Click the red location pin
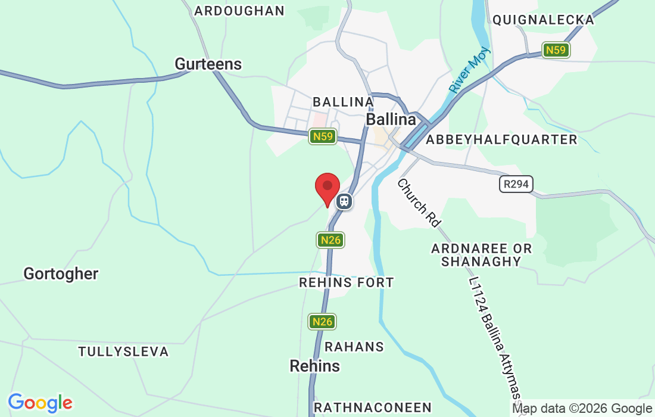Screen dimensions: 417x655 point(327,188)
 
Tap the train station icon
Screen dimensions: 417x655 point(344,201)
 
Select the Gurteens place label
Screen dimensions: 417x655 point(208,64)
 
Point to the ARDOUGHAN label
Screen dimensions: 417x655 point(239,11)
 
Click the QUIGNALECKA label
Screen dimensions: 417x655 point(543,20)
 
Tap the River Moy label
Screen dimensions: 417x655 point(469,70)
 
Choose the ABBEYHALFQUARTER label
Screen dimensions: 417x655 point(501,139)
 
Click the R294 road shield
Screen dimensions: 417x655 point(516,184)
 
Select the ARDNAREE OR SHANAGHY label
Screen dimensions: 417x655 point(482,254)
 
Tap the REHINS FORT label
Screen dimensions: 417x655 point(347,282)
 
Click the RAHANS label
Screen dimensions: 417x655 point(354,347)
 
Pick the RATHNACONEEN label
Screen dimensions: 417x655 point(372,407)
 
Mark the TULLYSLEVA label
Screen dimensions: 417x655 point(123,351)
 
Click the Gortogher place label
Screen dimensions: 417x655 point(61,274)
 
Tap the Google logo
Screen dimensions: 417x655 point(40,403)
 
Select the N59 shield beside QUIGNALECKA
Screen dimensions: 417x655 point(556,50)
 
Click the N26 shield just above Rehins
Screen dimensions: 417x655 point(322,322)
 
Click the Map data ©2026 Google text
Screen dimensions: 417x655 point(582,409)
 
